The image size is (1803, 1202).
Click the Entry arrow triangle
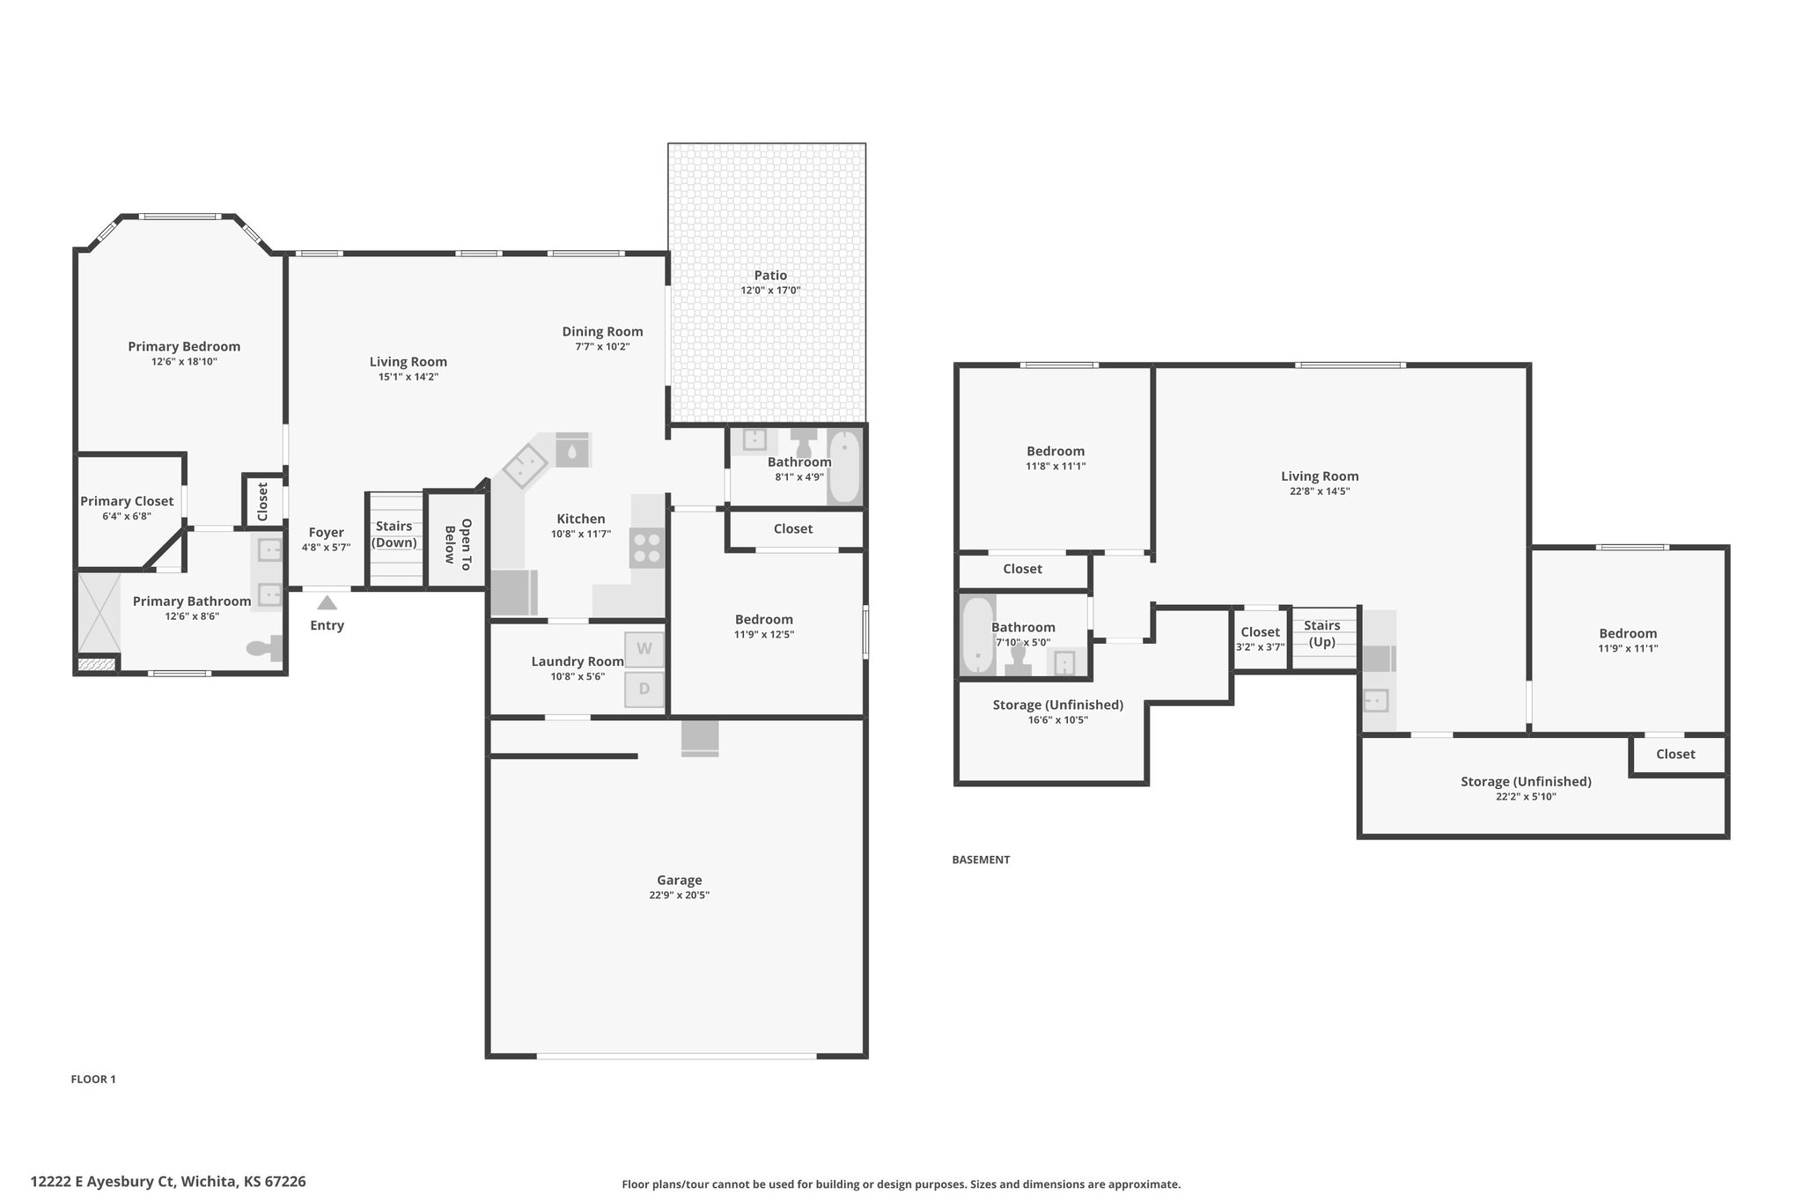coord(327,603)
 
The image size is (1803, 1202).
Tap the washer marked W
coord(644,649)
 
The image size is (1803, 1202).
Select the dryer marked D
coord(644,689)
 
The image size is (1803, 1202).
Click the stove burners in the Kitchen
coord(647,548)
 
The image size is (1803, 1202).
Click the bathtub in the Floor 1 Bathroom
coord(844,467)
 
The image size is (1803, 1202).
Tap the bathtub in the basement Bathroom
coord(977,636)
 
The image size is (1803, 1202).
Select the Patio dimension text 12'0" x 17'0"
coord(770,291)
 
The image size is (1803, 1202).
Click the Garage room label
coord(680,880)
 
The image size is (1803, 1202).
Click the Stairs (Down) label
coord(394,535)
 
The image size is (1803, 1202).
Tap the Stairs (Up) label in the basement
coord(1322,634)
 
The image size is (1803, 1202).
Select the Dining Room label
coord(603,332)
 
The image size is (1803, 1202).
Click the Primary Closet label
coord(127,501)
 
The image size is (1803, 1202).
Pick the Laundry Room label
coord(578,661)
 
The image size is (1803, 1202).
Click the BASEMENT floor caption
coord(981,859)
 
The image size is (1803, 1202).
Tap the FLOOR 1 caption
coord(93,1080)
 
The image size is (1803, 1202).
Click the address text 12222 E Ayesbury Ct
coord(104,1181)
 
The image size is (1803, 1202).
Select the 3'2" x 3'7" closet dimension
coord(1261,647)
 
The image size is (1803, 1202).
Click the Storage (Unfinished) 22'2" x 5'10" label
coord(1526,788)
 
